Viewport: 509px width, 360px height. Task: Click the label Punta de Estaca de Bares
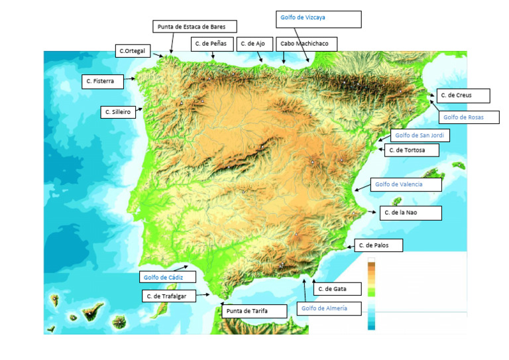pyautogui.click(x=196, y=27)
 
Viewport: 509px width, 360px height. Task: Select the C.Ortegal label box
pyautogui.click(x=133, y=50)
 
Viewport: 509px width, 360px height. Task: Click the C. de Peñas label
pyautogui.click(x=212, y=44)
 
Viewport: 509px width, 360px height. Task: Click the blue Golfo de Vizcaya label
pyautogui.click(x=318, y=19)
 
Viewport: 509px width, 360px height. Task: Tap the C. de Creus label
pyautogui.click(x=463, y=95)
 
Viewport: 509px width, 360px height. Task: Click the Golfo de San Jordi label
pyautogui.click(x=420, y=135)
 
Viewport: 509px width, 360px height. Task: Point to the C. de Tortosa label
pyautogui.click(x=413, y=150)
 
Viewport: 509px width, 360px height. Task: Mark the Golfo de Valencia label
pyautogui.click(x=406, y=184)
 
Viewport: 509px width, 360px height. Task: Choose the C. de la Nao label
pyautogui.click(x=410, y=213)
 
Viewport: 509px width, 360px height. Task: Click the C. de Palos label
pyautogui.click(x=378, y=245)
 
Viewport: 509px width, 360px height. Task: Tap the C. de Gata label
pyautogui.click(x=337, y=289)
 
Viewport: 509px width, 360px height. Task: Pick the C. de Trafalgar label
pyautogui.click(x=169, y=296)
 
